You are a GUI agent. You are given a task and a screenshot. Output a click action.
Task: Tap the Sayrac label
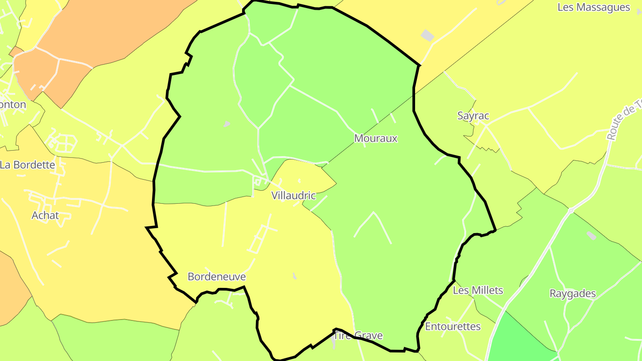click(473, 116)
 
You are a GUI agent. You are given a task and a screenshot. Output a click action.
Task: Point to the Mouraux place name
click(375, 139)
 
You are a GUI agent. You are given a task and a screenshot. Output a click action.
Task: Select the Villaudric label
click(293, 196)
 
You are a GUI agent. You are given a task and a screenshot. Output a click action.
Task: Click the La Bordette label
click(28, 165)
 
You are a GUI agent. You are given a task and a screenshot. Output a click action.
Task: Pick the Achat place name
click(45, 216)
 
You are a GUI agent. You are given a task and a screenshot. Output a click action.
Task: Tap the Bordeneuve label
click(216, 277)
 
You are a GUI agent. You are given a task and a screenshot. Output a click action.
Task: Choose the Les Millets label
click(477, 291)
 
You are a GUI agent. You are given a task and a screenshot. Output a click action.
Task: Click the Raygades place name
click(572, 294)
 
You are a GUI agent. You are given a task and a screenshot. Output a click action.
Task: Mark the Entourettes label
click(453, 327)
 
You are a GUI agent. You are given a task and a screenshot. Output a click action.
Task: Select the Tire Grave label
click(358, 336)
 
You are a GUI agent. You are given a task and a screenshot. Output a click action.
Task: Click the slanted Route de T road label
click(624, 120)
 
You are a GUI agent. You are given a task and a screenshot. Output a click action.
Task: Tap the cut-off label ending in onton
click(13, 105)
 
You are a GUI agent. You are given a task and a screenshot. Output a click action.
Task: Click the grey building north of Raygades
click(591, 235)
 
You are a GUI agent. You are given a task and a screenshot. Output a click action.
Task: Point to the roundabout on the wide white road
click(571, 210)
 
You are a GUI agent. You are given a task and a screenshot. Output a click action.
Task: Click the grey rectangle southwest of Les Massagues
click(427, 35)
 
